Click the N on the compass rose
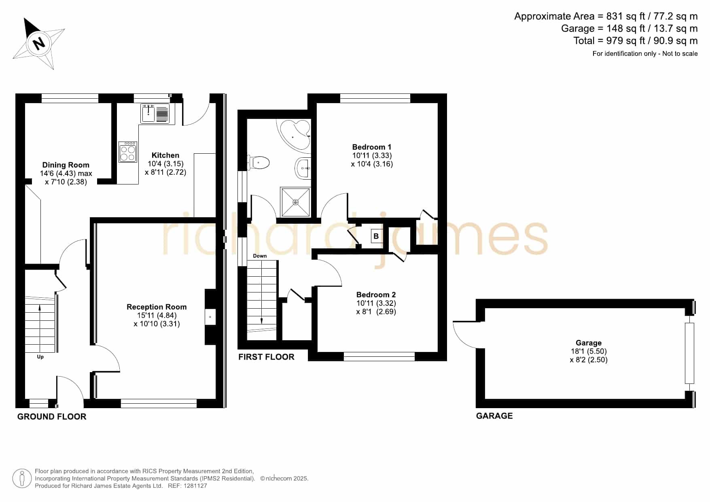click(x=39, y=43)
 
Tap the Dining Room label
click(x=66, y=165)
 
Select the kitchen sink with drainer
click(x=155, y=113)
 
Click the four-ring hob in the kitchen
click(x=128, y=152)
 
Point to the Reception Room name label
click(x=157, y=307)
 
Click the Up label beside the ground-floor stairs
click(x=40, y=357)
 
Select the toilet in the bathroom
click(x=259, y=163)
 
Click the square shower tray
click(x=295, y=202)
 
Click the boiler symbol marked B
click(x=376, y=236)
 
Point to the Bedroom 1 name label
click(x=372, y=147)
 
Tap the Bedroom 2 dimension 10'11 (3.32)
click(x=376, y=303)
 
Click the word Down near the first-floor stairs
click(x=260, y=256)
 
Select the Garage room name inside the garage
click(x=589, y=343)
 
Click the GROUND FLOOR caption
click(x=52, y=417)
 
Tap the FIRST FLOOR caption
click(x=266, y=357)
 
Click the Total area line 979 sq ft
click(x=636, y=41)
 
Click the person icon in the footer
click(x=22, y=479)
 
